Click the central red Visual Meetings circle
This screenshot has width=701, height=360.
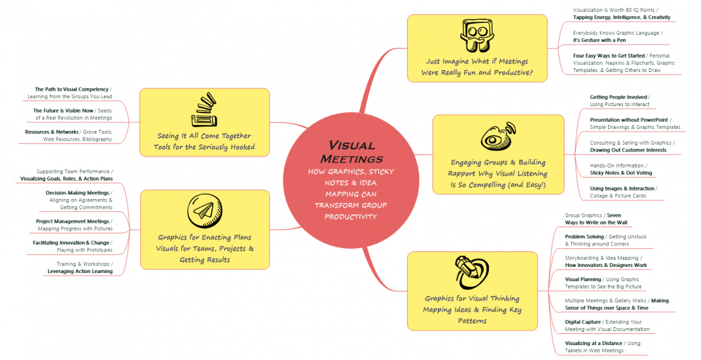pos(352,180)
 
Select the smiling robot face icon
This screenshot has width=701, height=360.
pos(476,35)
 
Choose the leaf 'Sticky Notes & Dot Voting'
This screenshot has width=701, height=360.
pos(620,173)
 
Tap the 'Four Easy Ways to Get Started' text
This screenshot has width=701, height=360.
pos(609,56)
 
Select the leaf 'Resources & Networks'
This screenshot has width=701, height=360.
pos(52,132)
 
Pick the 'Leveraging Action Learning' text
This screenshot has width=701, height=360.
pos(80,271)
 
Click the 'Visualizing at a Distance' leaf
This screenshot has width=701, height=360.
pos(594,343)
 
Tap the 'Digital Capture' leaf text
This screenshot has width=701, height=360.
pos(583,322)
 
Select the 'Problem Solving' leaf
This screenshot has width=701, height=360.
pos(584,236)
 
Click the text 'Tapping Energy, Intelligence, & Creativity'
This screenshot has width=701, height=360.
pos(622,17)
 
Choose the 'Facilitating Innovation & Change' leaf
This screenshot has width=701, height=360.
pos(71,243)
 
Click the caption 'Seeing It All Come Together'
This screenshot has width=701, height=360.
pos(204,136)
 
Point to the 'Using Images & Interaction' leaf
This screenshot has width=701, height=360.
pos(622,188)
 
